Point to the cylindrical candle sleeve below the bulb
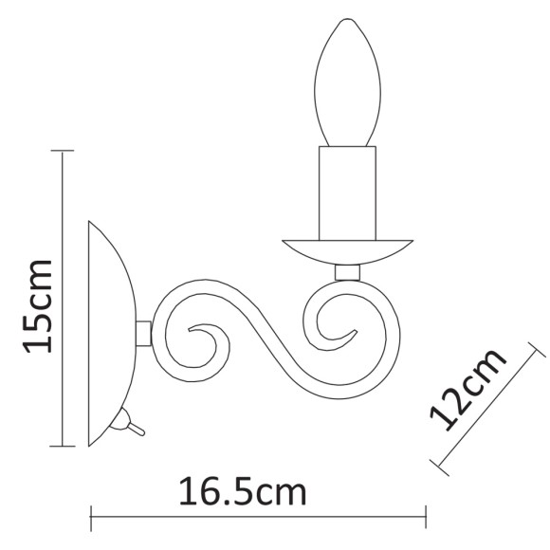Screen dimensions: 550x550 pyautogui.click(x=346, y=193)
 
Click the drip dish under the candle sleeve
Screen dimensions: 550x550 pyautogui.click(x=348, y=251)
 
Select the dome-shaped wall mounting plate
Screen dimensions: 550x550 pyautogui.click(x=112, y=335)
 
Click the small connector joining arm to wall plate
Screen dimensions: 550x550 pyautogui.click(x=144, y=334)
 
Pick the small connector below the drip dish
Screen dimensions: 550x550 pyautogui.click(x=348, y=273)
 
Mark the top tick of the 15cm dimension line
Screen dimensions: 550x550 pyautogui.click(x=62, y=150)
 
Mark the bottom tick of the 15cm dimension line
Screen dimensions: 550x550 pyautogui.click(x=62, y=446)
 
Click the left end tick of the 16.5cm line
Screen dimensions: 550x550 pyautogui.click(x=90, y=518)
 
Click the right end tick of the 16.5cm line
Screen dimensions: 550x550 pyautogui.click(x=425, y=518)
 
